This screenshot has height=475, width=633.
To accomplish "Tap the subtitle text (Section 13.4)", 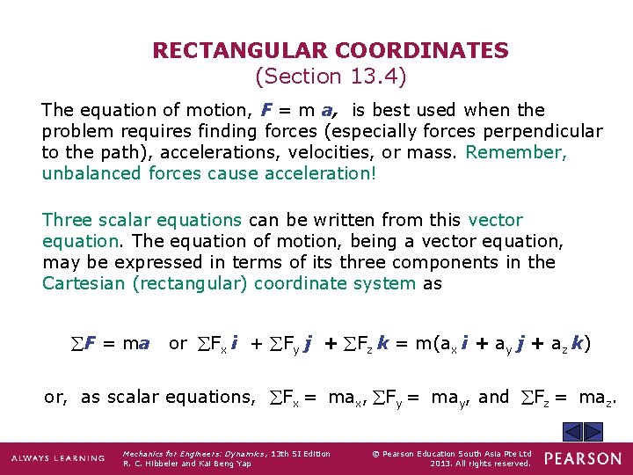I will (x=330, y=77).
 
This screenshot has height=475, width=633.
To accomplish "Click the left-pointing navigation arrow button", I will (x=571, y=432).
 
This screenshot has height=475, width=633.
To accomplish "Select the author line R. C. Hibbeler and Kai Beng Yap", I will (x=187, y=464).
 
